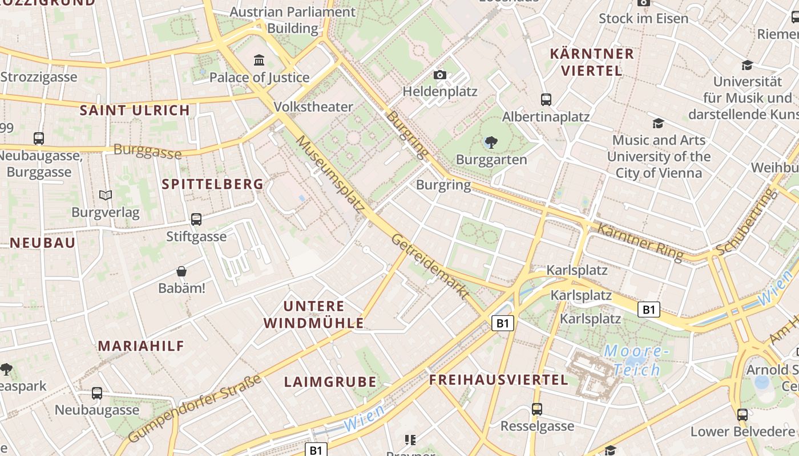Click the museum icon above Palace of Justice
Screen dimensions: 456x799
coord(259,60)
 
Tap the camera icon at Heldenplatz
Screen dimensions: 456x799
coord(439,75)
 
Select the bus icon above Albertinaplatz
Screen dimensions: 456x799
coord(546,100)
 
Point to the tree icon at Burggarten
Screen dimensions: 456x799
coord(491,142)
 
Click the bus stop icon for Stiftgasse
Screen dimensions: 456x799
coord(196,219)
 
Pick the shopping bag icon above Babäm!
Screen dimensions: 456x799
coord(181,271)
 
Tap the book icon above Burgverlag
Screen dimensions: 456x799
coord(106,196)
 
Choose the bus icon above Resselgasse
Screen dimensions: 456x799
coord(537,409)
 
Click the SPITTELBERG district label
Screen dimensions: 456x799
coord(212,184)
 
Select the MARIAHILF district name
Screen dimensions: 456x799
coord(141,346)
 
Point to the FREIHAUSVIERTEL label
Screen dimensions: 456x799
coord(498,380)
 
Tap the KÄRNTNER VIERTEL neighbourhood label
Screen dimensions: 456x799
coord(592,62)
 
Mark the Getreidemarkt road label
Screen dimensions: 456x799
coord(430,266)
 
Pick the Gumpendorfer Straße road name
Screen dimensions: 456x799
coord(195,408)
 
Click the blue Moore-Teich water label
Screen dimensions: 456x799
coord(636,360)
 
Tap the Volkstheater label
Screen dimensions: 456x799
coord(313,107)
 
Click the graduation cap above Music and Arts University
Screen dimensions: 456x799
coord(658,123)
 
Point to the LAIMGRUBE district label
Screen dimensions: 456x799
coord(330,382)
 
